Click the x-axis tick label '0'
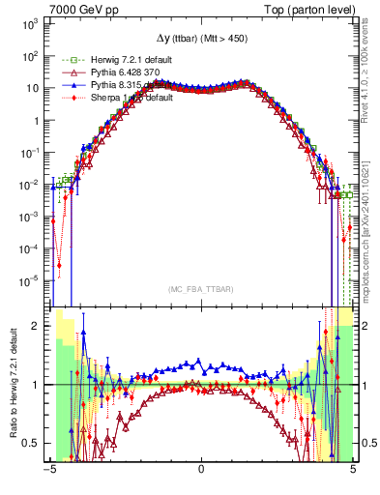coord(201,470)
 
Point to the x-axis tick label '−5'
coord(48,470)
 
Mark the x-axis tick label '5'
coord(352,470)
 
